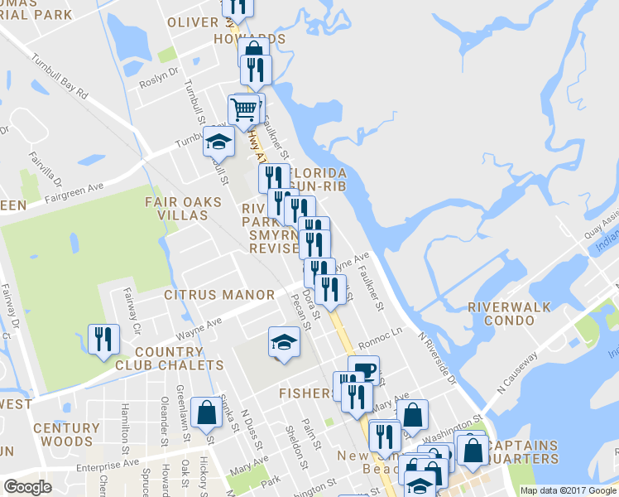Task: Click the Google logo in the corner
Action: tap(27, 487)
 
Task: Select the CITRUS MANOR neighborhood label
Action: tap(219, 295)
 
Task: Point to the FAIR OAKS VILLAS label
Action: tap(184, 208)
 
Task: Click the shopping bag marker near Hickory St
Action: tap(205, 412)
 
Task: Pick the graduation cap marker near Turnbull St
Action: tap(218, 142)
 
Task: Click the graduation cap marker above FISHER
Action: tap(283, 341)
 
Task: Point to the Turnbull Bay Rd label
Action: tap(60, 78)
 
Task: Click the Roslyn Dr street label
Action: tap(161, 74)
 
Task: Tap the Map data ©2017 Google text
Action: tap(567, 490)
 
